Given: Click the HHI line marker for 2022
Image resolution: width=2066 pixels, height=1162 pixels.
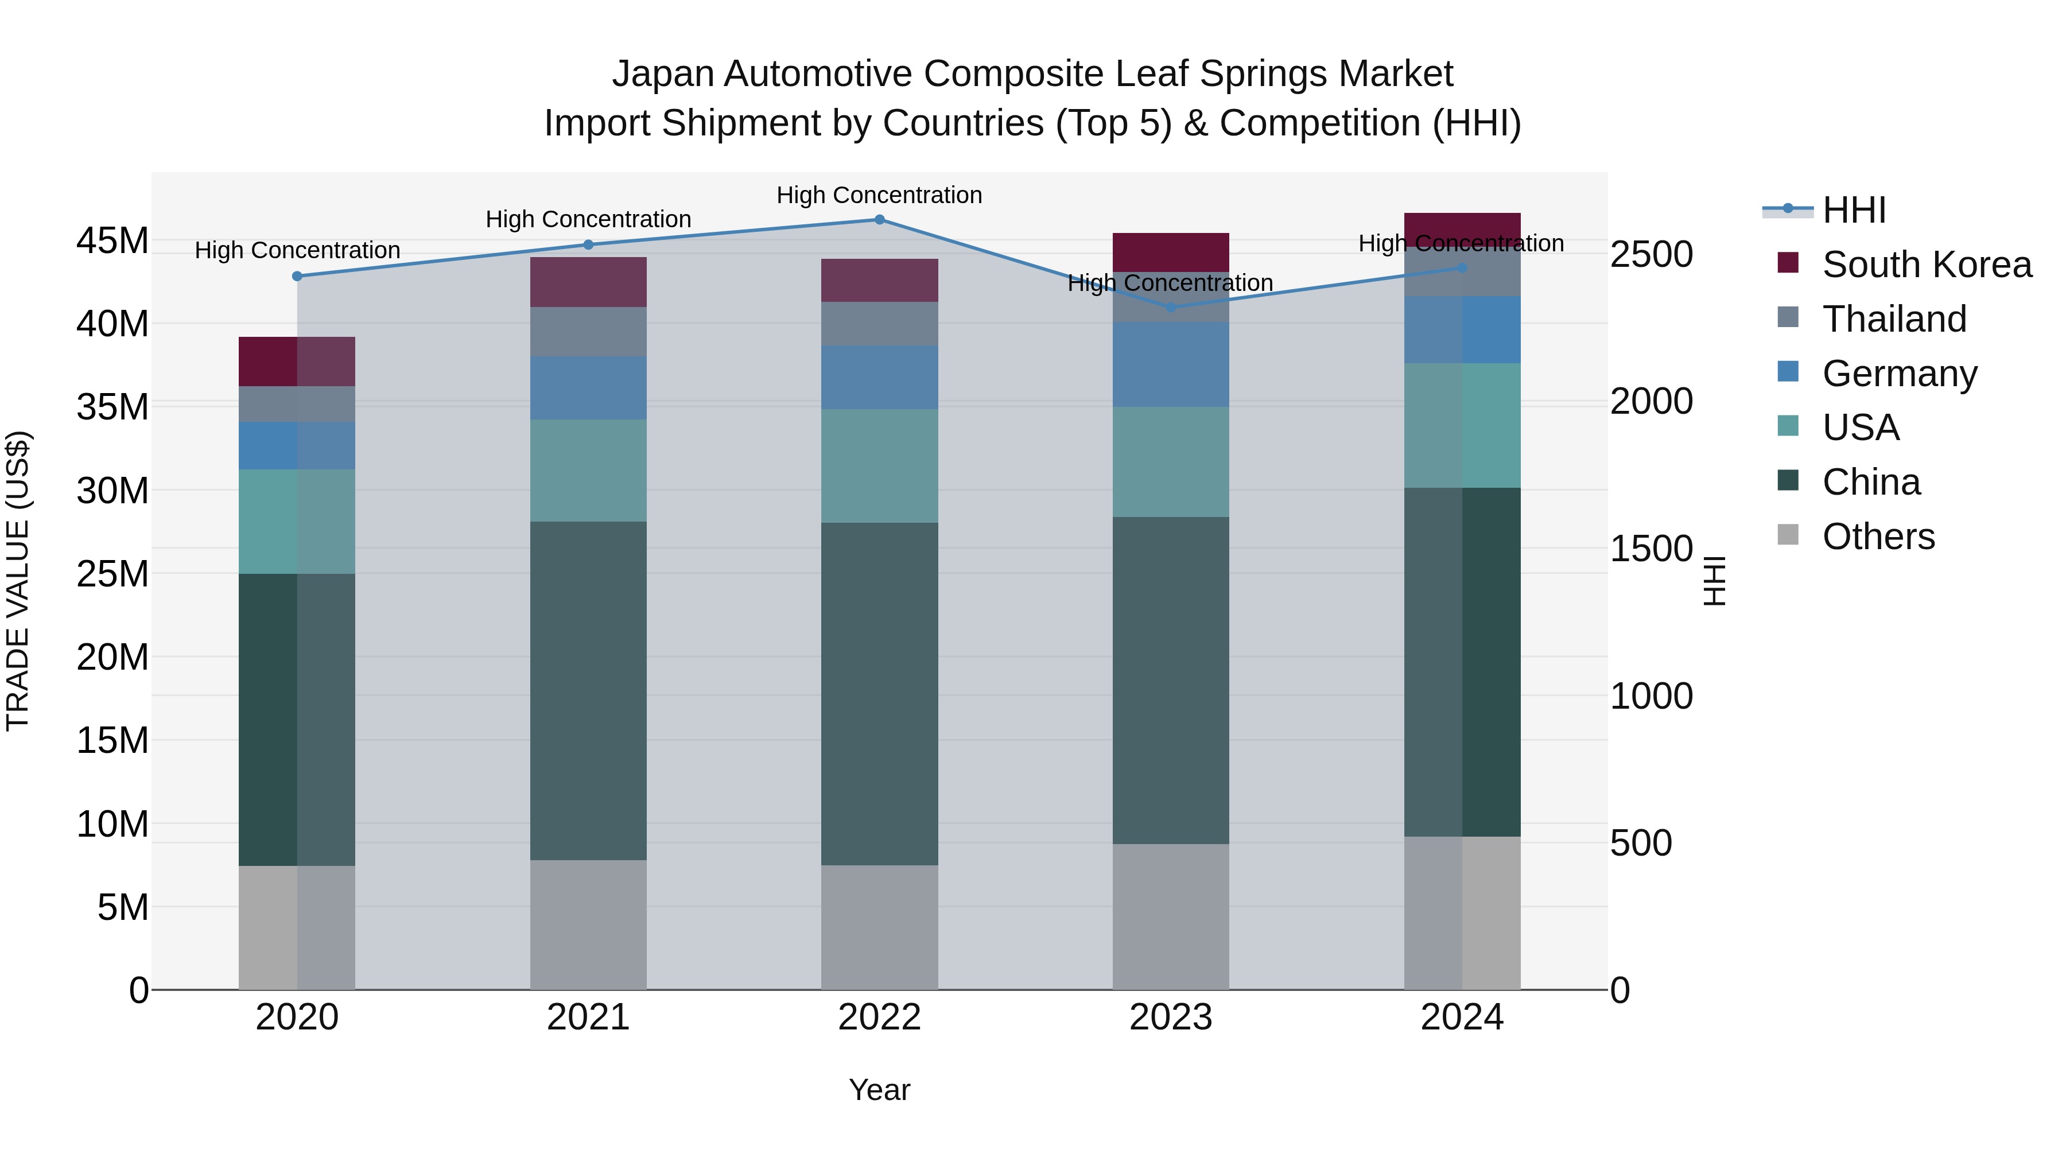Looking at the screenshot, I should [x=879, y=220].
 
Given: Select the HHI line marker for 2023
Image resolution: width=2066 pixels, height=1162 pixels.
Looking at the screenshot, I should [x=1170, y=307].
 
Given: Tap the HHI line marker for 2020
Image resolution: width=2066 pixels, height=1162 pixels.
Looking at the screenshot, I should [x=297, y=276].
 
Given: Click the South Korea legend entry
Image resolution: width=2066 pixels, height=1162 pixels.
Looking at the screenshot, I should [x=1927, y=265].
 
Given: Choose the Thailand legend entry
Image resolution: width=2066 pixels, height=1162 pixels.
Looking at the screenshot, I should [x=1894, y=319].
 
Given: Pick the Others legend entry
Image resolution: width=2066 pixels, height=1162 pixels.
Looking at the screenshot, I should [x=1878, y=537].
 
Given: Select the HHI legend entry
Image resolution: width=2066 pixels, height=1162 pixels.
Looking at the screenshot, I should [x=1854, y=210].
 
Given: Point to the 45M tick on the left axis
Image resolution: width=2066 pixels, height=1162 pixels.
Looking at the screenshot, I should [x=112, y=240].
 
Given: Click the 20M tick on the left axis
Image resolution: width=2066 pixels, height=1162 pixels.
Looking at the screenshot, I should [x=112, y=658].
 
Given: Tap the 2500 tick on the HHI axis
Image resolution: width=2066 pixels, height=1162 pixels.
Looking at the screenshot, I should [x=1651, y=254].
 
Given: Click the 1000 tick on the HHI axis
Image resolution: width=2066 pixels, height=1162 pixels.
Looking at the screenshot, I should [x=1651, y=696].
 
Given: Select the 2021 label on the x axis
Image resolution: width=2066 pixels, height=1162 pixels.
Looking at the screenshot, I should [x=588, y=1017].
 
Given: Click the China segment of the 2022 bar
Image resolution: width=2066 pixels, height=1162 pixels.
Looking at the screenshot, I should [x=879, y=694].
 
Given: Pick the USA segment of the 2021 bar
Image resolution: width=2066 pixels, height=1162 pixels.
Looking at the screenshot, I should [x=588, y=470].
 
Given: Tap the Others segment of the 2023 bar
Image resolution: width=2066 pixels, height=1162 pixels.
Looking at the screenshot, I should [x=1170, y=916].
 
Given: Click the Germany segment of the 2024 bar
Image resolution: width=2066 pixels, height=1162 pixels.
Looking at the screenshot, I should [x=1462, y=329].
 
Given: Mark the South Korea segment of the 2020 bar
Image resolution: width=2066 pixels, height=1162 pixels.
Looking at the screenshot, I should [x=297, y=362].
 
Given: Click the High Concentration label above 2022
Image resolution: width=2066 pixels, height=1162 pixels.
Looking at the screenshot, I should [x=879, y=195].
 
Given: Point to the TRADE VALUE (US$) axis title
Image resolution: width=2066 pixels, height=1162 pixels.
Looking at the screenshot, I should [x=18, y=581].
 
